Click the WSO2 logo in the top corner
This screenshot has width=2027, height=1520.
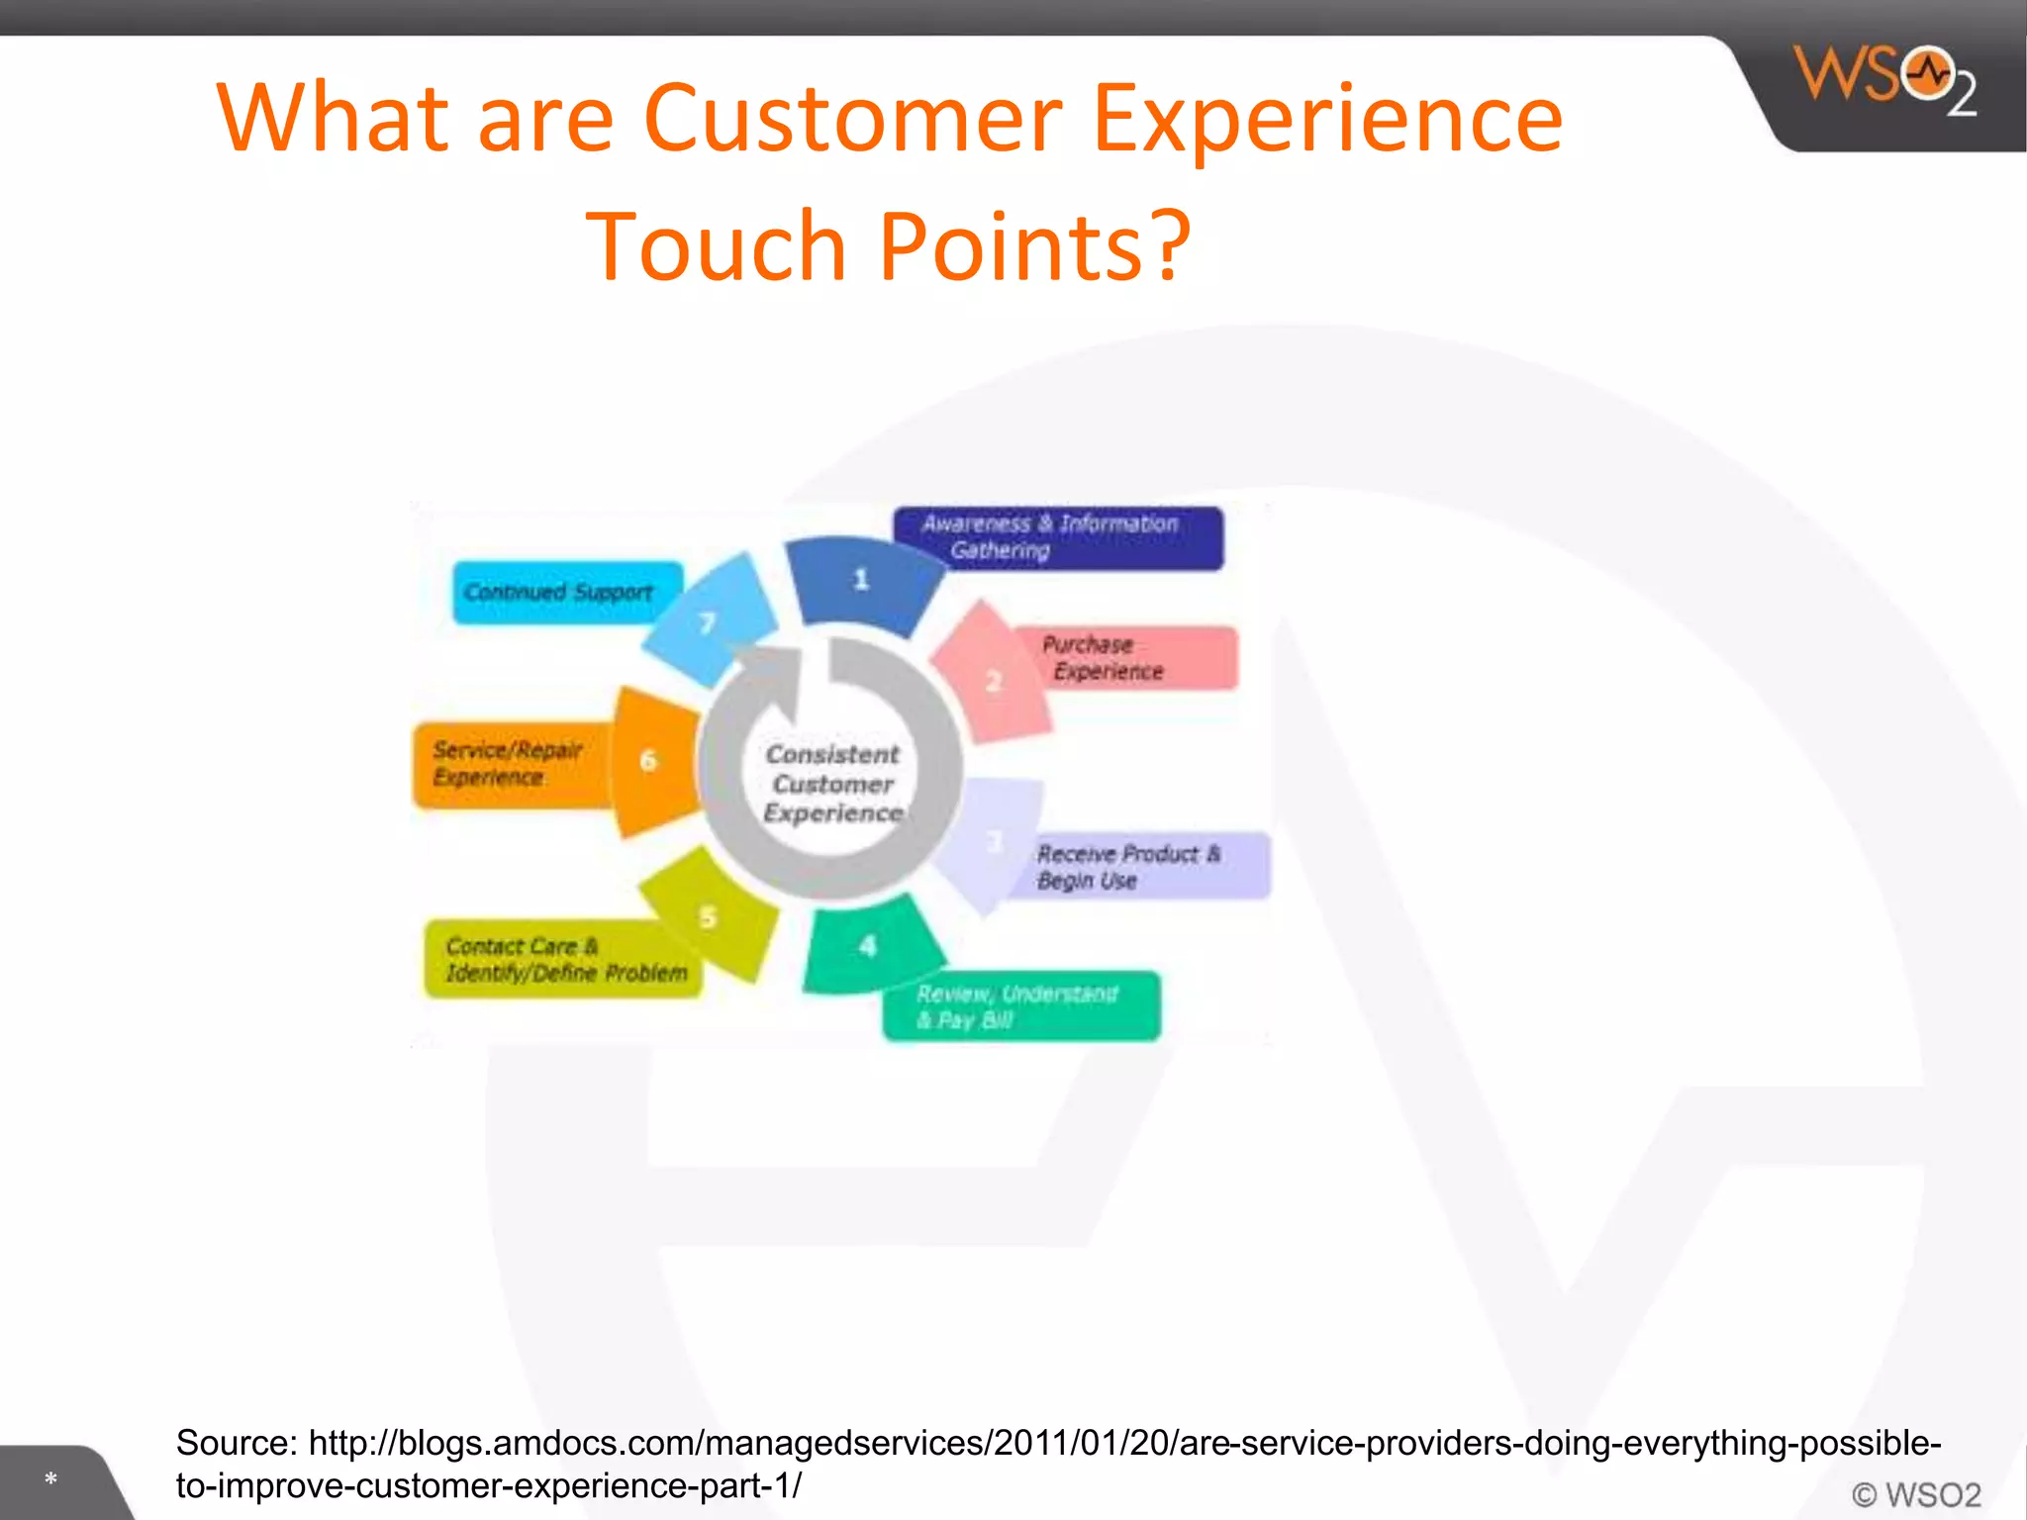tap(1885, 81)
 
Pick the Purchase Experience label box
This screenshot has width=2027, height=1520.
tap(1123, 658)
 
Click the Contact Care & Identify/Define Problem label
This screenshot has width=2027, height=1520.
tap(561, 960)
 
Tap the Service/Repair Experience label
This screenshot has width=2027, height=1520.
tap(509, 764)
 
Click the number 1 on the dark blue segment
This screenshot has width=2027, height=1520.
tap(861, 579)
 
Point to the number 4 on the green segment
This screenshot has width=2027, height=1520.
tap(868, 947)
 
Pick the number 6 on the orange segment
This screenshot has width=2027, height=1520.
tap(648, 760)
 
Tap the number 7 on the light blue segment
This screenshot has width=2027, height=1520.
tap(707, 622)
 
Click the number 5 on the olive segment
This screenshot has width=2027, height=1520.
tap(708, 916)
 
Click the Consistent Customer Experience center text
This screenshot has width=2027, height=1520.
tap(832, 784)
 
